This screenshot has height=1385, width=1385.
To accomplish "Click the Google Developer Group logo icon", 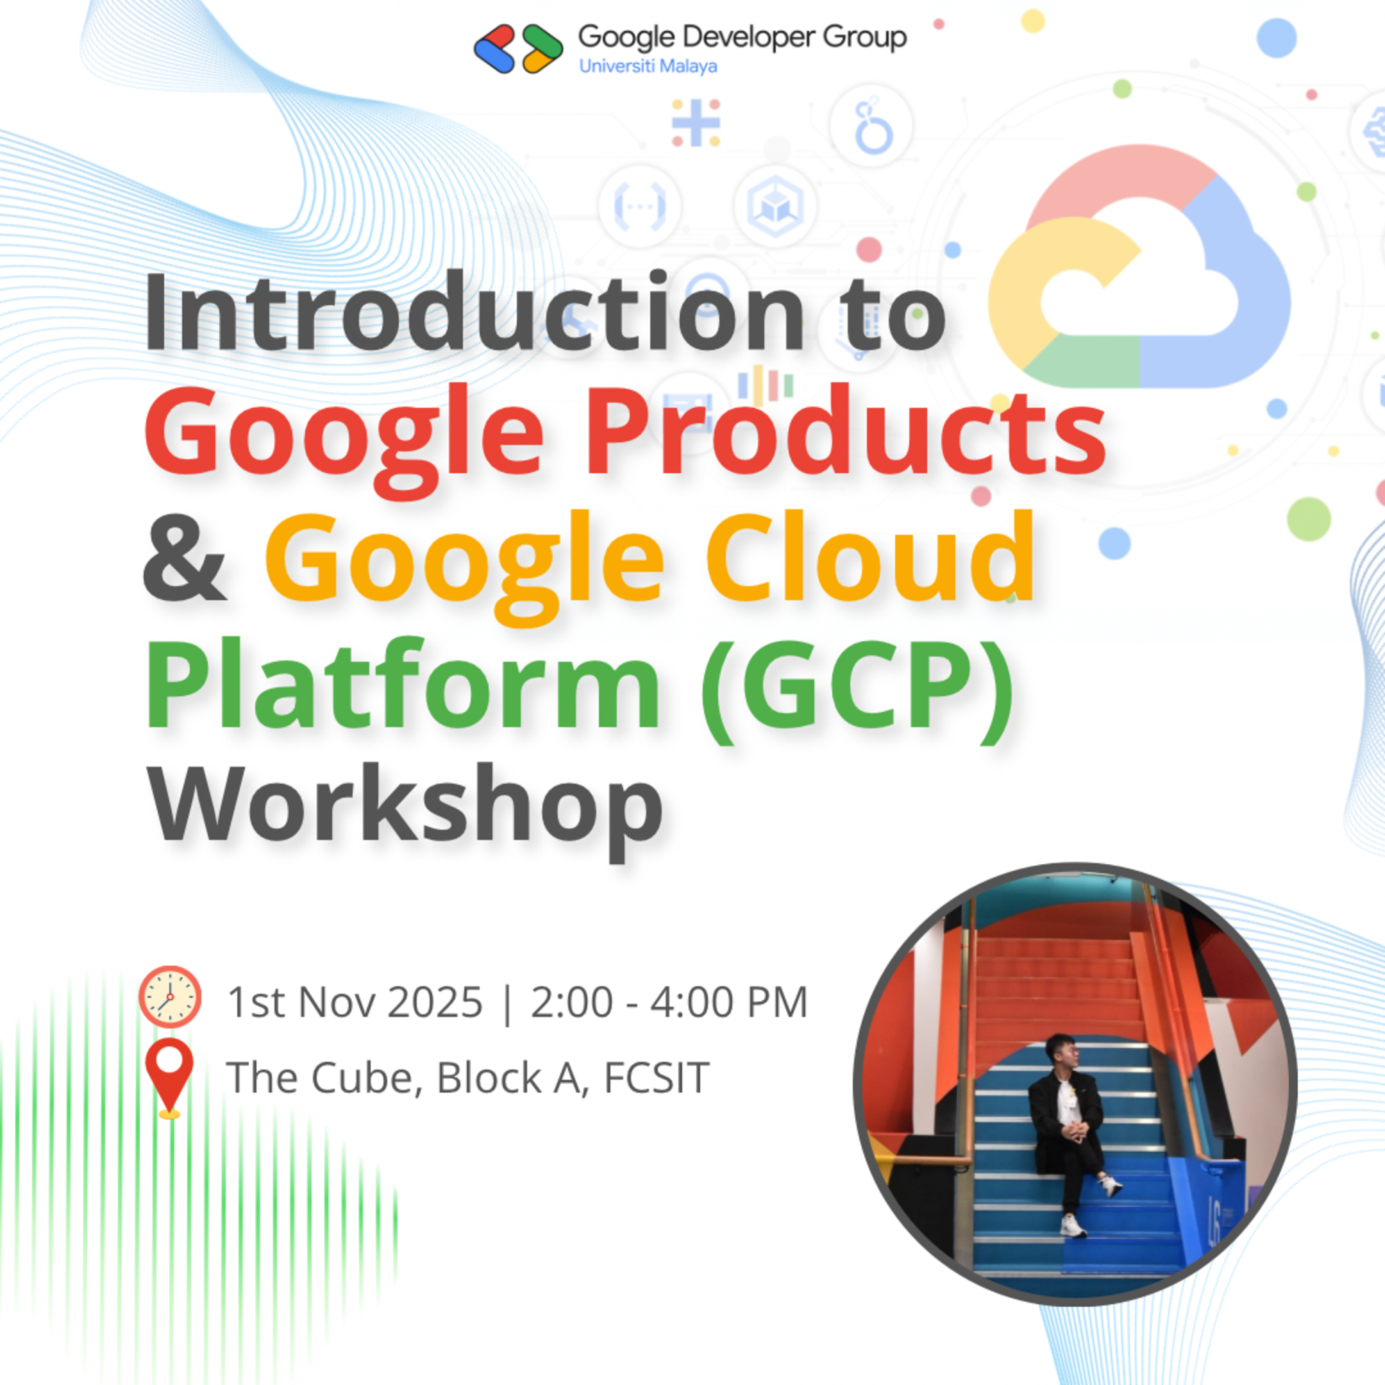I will [x=517, y=48].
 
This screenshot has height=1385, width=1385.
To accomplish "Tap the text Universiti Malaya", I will [x=648, y=67].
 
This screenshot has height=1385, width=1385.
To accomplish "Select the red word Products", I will [x=846, y=433].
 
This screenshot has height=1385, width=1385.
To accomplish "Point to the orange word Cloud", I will [x=870, y=559].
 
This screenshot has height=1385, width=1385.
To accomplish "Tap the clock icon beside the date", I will [x=170, y=997].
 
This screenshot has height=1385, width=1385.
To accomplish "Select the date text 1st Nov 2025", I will [x=355, y=1002].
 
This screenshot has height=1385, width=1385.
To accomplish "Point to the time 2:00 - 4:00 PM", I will [x=669, y=1002].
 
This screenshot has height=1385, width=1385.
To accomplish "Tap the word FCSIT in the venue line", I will [x=657, y=1077].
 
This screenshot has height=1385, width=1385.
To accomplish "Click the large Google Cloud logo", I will [x=1140, y=269].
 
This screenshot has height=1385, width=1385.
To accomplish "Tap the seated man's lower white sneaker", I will [x=1073, y=1226].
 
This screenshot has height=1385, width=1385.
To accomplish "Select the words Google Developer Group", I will [x=742, y=37].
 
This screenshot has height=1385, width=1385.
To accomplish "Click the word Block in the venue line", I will [x=489, y=1077].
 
